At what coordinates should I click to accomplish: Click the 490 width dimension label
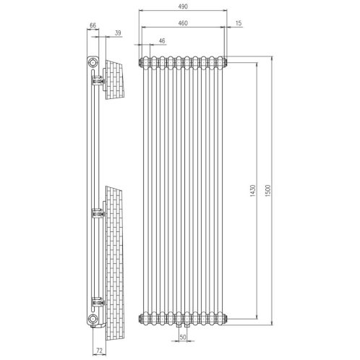pyautogui.click(x=183, y=7)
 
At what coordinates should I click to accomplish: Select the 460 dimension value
pyautogui.click(x=183, y=23)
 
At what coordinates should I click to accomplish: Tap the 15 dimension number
pyautogui.click(x=239, y=23)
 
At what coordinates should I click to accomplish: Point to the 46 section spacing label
pyautogui.click(x=162, y=40)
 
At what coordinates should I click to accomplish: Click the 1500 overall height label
pyautogui.click(x=269, y=191)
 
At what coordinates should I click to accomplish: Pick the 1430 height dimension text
pyautogui.click(x=253, y=191)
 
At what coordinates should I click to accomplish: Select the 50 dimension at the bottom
pyautogui.click(x=183, y=337)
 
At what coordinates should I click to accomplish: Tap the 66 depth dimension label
pyautogui.click(x=93, y=25)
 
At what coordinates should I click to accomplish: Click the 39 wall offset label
pyautogui.click(x=118, y=33)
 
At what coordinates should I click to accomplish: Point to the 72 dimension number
pyautogui.click(x=99, y=351)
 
